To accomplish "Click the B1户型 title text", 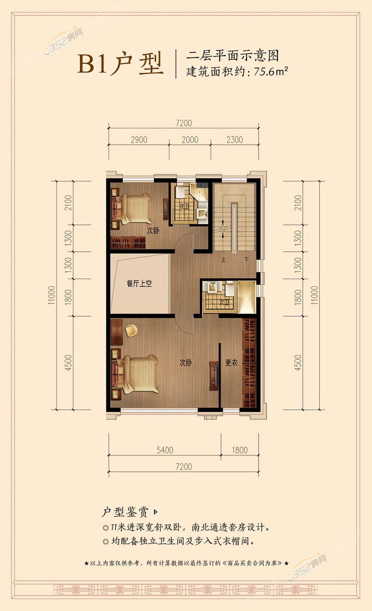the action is [121, 64].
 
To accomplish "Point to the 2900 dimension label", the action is [139, 140].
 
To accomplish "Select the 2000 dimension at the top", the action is [190, 140].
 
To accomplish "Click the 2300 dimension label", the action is [235, 140].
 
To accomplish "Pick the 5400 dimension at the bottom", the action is [165, 450].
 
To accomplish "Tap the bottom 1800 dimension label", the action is [240, 450].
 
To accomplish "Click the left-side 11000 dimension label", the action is [51, 295].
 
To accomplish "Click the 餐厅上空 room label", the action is [139, 284].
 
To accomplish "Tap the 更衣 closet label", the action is [231, 363].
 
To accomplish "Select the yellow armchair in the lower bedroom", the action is [131, 331].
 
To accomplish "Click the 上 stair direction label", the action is [223, 260].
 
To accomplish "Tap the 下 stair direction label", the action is [247, 260].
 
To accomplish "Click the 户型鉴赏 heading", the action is [125, 512].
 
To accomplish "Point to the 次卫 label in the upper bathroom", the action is [184, 206].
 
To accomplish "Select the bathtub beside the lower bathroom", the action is [247, 297].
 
